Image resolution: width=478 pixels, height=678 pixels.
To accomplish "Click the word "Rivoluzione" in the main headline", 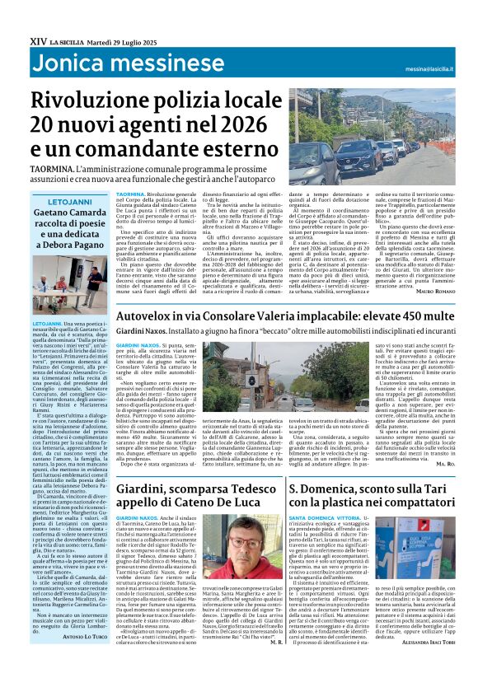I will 97,100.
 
